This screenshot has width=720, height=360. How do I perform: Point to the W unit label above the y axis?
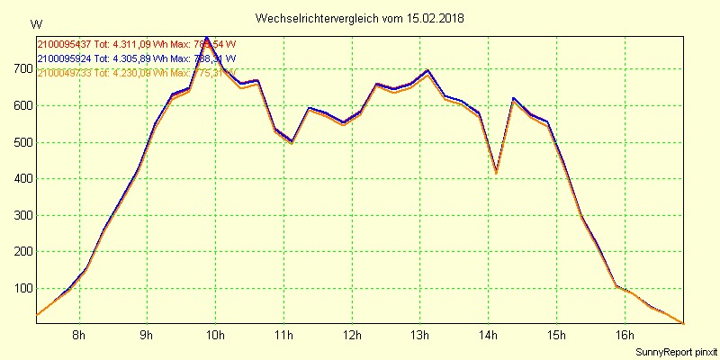(x=35, y=23)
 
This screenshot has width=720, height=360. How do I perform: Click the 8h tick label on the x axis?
(x=79, y=336)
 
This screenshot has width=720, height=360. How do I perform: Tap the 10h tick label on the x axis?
(x=215, y=336)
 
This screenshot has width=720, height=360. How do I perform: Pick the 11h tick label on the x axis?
(x=283, y=336)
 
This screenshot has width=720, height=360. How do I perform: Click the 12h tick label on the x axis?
(x=352, y=336)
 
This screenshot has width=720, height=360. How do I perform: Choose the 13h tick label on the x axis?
(x=419, y=336)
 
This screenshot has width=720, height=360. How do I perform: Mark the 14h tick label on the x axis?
(x=488, y=336)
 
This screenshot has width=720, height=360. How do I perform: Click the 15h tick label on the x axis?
(x=556, y=336)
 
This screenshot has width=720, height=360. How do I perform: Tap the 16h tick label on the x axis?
(x=624, y=336)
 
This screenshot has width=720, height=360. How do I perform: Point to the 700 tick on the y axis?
(x=22, y=69)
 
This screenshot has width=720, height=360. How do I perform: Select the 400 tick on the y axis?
(x=22, y=179)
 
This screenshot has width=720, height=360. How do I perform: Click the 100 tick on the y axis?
(x=22, y=289)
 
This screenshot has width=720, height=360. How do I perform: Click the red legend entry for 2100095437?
(x=135, y=44)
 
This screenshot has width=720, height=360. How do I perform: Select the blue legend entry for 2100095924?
(x=135, y=58)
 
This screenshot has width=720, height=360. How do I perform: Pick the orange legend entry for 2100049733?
(x=135, y=73)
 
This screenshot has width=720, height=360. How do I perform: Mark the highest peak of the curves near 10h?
(x=207, y=39)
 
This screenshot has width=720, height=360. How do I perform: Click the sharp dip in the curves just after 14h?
(x=496, y=170)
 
